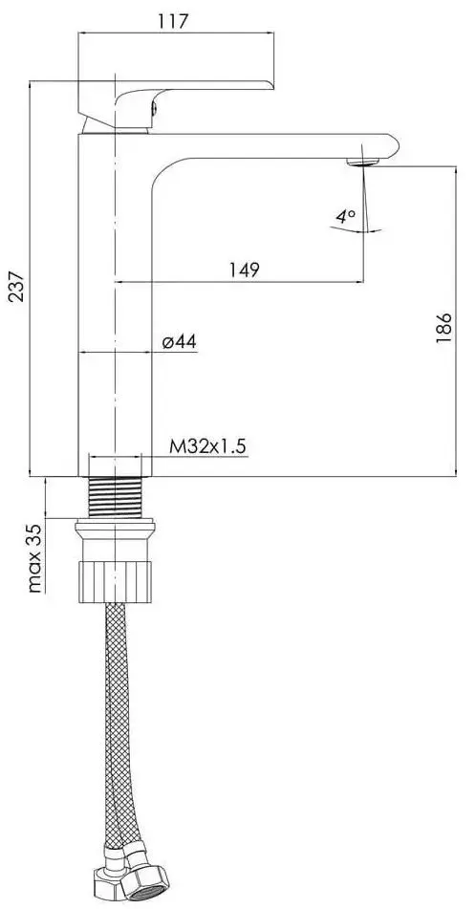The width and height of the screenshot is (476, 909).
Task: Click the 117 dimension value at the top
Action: click(174, 20)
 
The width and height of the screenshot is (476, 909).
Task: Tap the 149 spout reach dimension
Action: click(245, 270)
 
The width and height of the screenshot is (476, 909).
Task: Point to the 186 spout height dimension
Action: click(443, 328)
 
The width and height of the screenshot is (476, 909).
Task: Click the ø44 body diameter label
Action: click(179, 341)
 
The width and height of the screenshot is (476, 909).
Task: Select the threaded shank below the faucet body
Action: click(115, 496)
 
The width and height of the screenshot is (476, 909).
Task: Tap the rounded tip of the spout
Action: click(390, 145)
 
